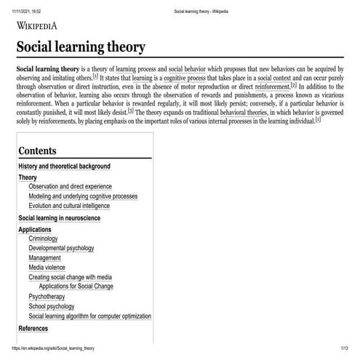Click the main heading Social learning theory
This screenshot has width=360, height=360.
81,47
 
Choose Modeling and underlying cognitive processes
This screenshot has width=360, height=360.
83,196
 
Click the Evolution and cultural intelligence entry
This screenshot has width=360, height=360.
76,207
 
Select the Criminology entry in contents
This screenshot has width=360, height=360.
48,239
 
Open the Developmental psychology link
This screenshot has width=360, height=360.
61,248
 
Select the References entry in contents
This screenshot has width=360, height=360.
33,329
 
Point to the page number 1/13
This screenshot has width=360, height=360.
344,349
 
